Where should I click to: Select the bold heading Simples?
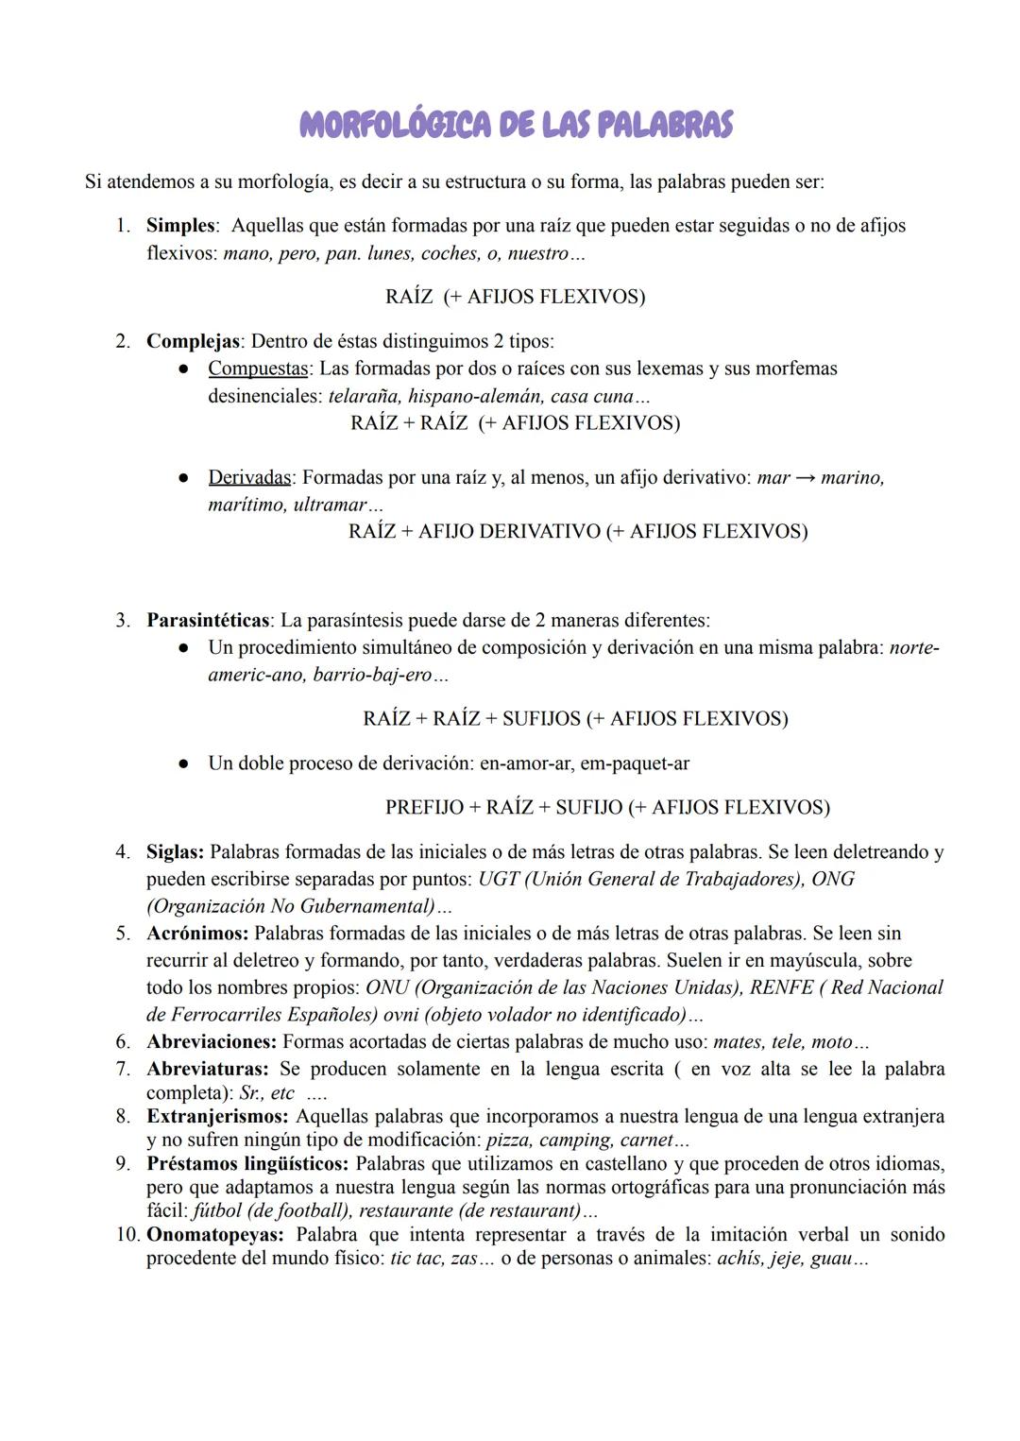pos(180,226)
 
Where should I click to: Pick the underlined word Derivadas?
pos(249,477)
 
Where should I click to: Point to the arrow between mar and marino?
pos(805,477)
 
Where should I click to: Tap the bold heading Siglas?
pos(175,852)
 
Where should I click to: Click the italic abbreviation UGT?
pos(498,879)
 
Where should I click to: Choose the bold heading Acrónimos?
pos(197,934)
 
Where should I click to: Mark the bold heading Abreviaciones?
pos(212,1042)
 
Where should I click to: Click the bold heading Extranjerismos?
pos(217,1116)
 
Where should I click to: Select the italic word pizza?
pos(508,1140)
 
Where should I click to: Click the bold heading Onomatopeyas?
pos(213,1234)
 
